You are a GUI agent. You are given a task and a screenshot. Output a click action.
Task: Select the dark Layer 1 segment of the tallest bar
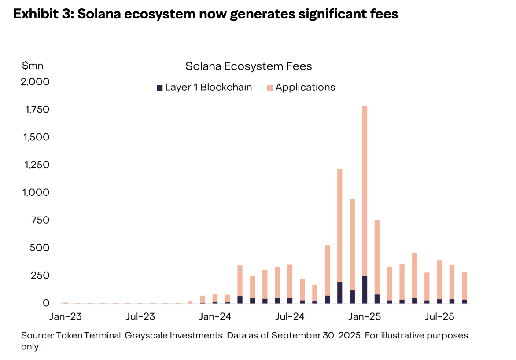pos(365,290)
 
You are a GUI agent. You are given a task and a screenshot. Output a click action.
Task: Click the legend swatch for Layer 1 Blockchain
pos(159,88)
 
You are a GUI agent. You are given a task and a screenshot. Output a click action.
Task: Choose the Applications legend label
pos(305,88)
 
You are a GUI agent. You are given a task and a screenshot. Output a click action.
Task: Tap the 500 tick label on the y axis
pos(40,248)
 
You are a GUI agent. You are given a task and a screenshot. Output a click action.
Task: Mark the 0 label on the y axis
pos(46,304)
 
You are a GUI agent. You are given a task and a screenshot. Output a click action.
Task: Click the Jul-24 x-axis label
pos(290,316)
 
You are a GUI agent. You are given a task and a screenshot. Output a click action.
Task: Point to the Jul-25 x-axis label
pos(439,316)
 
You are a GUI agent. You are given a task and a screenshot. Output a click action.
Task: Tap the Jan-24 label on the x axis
pos(215,316)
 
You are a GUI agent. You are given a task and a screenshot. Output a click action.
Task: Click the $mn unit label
pos(33,66)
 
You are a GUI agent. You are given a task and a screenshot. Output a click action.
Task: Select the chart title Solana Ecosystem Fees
pos(248,66)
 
